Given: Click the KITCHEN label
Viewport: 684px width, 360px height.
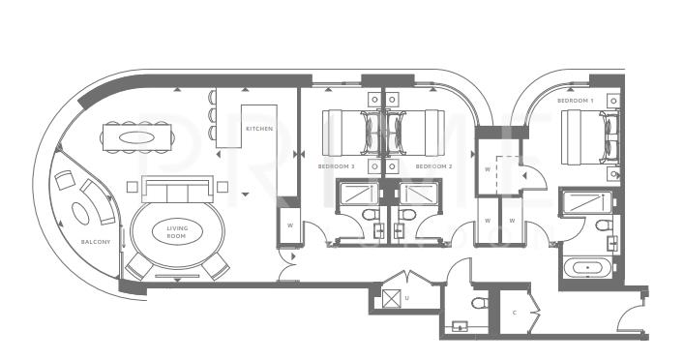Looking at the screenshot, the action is pyautogui.click(x=259, y=128).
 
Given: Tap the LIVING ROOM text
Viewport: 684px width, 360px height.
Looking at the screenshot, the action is pyautogui.click(x=176, y=232).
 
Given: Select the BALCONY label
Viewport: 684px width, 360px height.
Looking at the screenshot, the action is pyautogui.click(x=96, y=241).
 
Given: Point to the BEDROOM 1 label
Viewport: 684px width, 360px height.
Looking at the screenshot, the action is pyautogui.click(x=575, y=100).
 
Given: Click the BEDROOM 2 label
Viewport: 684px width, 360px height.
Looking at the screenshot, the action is pyautogui.click(x=434, y=166).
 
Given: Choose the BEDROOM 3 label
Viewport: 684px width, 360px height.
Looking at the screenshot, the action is pyautogui.click(x=336, y=166).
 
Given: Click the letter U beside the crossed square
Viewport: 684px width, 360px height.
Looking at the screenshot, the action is pyautogui.click(x=407, y=297).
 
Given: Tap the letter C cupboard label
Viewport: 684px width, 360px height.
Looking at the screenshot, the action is pyautogui.click(x=514, y=312).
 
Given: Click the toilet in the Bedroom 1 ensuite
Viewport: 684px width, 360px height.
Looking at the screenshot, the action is pyautogui.click(x=603, y=226).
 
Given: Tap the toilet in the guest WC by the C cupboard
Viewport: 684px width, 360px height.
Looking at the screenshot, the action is pyautogui.click(x=478, y=304).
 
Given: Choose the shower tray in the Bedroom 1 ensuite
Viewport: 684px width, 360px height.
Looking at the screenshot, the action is pyautogui.click(x=584, y=202).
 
